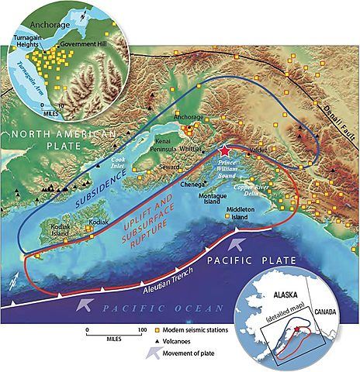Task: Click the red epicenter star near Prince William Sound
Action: pyautogui.click(x=225, y=150)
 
